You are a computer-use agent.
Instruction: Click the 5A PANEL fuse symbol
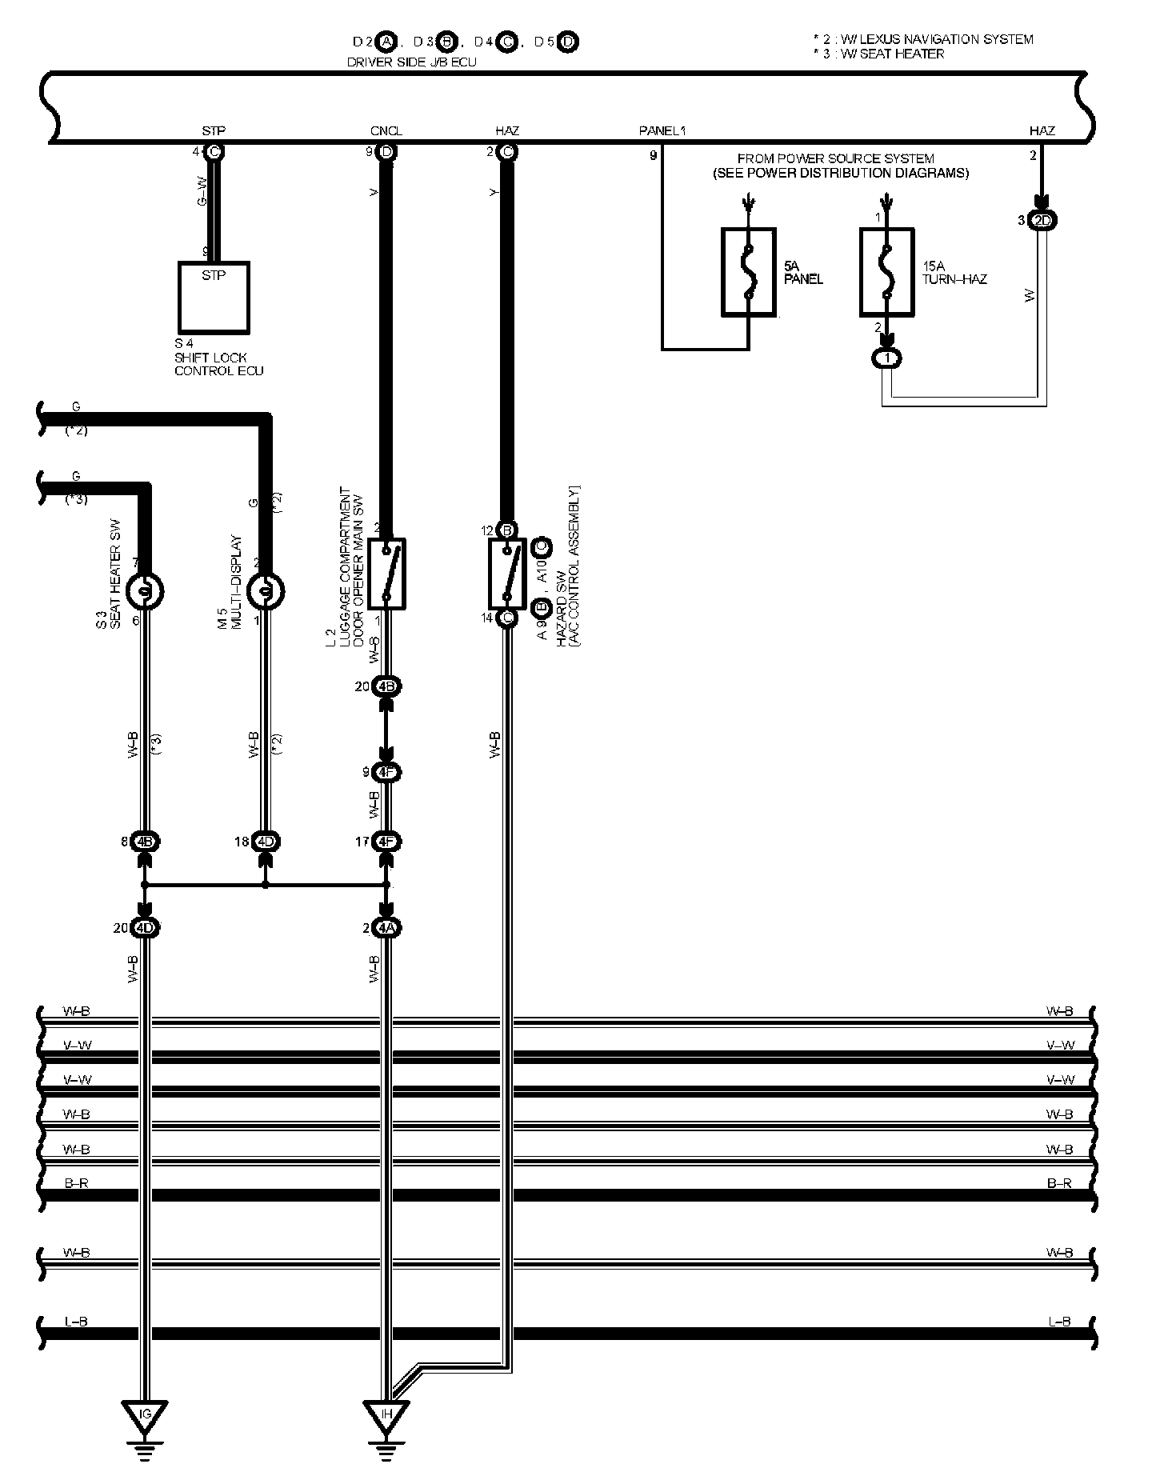click(748, 273)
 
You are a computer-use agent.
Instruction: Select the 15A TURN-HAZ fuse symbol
click(886, 273)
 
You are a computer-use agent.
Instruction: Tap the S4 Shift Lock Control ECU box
click(213, 297)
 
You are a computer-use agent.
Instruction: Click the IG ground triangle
click(145, 1414)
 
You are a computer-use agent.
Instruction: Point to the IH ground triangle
click(386, 1414)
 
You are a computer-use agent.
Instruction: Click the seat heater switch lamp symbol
click(146, 591)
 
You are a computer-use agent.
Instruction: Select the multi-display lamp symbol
click(266, 591)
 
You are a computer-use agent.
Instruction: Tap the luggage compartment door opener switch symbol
click(386, 574)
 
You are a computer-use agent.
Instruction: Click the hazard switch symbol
click(506, 574)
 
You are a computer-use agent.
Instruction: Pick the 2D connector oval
click(1042, 220)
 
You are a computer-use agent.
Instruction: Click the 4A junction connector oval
click(386, 928)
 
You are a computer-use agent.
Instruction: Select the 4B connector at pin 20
click(386, 686)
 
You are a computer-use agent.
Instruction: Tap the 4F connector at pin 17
click(386, 842)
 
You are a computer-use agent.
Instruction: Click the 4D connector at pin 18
click(266, 842)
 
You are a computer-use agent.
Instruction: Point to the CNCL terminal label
click(386, 131)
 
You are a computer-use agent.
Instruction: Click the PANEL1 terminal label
click(662, 131)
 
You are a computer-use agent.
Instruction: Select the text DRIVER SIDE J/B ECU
click(411, 62)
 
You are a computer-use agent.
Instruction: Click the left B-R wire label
click(77, 1183)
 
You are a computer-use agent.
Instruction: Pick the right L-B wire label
click(1058, 1322)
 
